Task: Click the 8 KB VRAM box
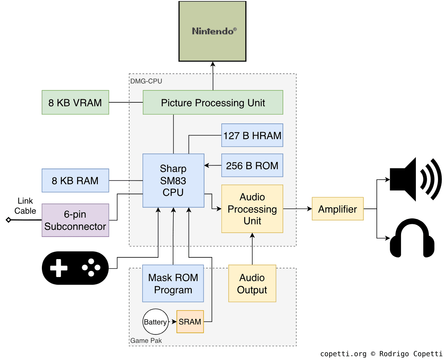[75, 102]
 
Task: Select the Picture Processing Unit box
[213, 102]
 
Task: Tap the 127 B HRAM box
[252, 135]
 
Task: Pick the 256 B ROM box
[252, 165]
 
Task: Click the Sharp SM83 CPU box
[173, 180]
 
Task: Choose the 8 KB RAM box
[75, 180]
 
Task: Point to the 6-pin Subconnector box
[75, 220]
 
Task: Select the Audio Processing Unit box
[252, 209]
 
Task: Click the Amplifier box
[337, 209]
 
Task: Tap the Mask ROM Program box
[173, 283]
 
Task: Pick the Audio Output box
[252, 283]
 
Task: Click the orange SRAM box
[190, 322]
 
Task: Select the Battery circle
[155, 322]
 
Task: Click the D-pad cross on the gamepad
[59, 268]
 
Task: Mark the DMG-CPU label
[146, 81]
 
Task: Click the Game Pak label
[146, 341]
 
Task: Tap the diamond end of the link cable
[8, 220]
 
